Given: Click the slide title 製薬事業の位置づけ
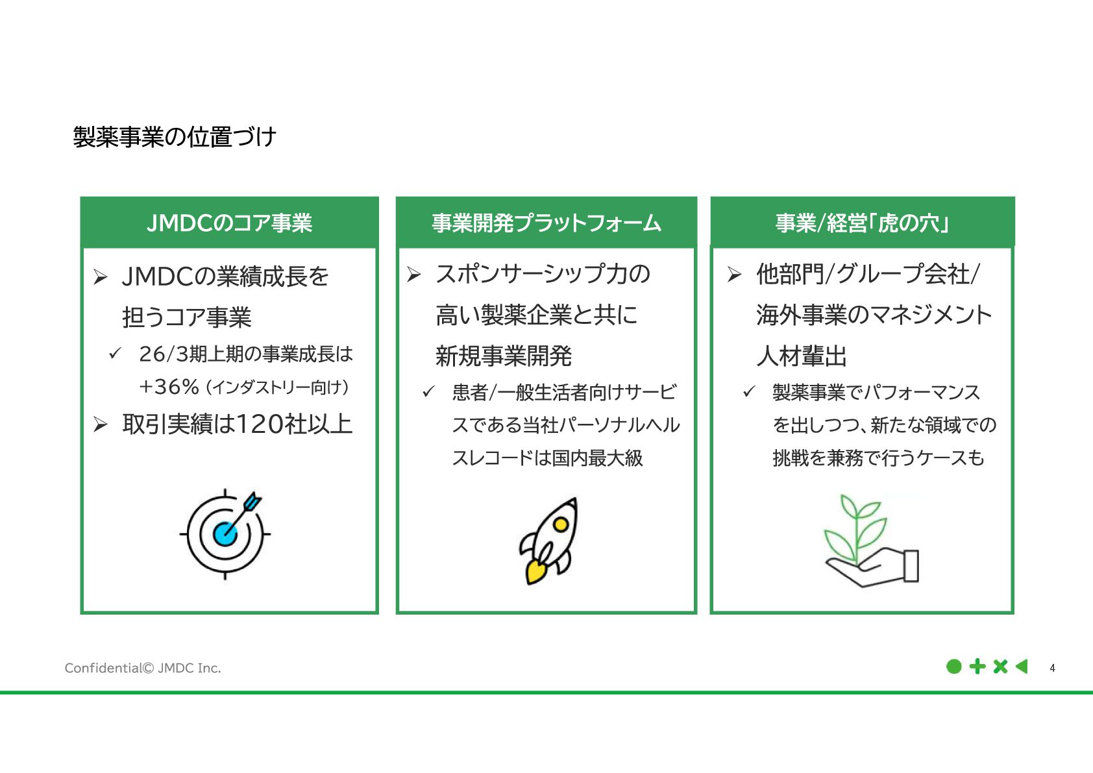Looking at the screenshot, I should point(175,137).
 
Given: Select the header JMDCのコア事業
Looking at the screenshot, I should point(229,223).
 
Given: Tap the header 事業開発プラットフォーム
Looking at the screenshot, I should point(546,223).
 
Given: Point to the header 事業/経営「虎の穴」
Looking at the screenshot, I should point(862,223).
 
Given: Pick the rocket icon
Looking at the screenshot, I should point(549,540).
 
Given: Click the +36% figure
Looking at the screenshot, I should point(169,387).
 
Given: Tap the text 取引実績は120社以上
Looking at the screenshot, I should point(237,424).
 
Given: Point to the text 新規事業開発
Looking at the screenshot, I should point(504,356).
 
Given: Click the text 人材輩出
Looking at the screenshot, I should point(802,356).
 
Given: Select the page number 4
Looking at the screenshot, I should point(1052,668).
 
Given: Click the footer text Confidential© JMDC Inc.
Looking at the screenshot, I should point(143,668).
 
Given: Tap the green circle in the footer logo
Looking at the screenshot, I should point(953,667).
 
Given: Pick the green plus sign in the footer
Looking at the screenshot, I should point(977,667).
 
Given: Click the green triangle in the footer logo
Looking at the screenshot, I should point(1022,667).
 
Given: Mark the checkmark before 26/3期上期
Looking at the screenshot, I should point(116,353).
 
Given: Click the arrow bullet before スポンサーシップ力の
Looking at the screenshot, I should point(414,275).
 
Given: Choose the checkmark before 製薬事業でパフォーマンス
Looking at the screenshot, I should point(749,391).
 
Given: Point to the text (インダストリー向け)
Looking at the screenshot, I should point(277,387).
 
